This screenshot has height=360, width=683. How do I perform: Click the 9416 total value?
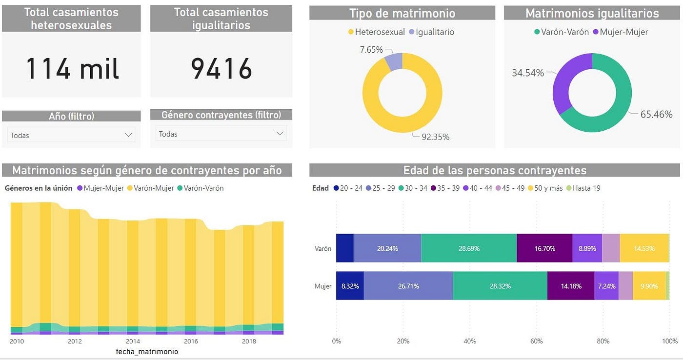[221, 68]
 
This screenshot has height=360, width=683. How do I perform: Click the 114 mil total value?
[72, 68]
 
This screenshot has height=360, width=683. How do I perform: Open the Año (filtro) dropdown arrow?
[129, 135]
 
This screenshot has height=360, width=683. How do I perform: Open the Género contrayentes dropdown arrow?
[280, 133]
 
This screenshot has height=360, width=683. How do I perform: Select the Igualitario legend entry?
[431, 32]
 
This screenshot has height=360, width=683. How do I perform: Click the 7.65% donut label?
[371, 50]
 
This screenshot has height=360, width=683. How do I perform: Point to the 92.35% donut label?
[435, 137]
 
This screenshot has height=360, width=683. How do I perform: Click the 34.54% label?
[527, 73]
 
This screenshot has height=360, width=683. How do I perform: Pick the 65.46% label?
[656, 115]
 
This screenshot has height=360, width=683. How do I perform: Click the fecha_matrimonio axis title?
[147, 351]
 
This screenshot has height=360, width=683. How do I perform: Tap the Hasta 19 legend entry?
[586, 188]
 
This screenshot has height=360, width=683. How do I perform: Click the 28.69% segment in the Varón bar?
[468, 248]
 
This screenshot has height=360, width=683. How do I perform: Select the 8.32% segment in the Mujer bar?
[350, 286]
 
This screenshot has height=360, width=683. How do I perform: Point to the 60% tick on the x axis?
[537, 341]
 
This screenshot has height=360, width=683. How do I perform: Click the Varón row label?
[323, 248]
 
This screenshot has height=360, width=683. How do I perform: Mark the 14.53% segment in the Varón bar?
[644, 248]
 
